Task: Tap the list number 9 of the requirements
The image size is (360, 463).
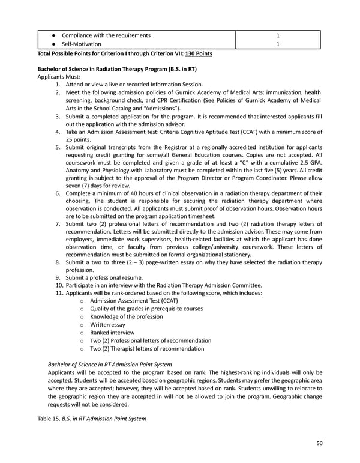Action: [x=58, y=277]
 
